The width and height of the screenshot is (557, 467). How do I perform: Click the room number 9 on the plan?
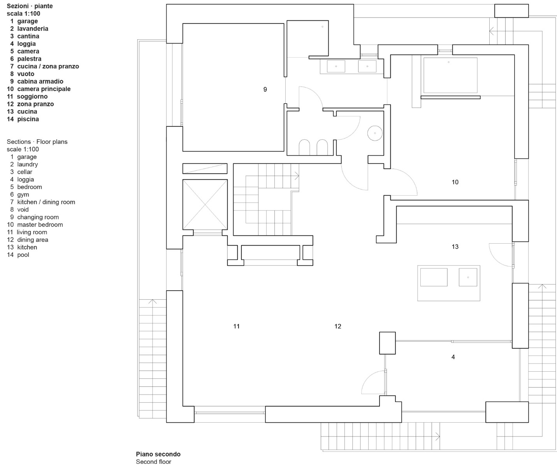265,90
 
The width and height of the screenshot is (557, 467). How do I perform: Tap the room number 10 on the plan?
455,182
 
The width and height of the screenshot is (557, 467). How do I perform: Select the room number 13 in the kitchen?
455,247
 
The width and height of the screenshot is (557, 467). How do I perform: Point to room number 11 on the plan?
236,327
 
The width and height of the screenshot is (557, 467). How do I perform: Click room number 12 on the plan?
337,327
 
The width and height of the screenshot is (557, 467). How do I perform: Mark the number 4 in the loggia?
453,357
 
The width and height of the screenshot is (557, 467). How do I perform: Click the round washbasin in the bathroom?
375,133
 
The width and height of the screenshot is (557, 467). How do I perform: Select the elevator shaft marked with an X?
205,204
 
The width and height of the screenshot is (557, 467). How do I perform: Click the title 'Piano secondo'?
158,454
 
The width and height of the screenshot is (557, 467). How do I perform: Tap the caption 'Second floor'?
153,462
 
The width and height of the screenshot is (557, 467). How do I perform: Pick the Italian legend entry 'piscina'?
28,119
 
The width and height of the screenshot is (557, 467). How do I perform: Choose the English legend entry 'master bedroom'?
40,225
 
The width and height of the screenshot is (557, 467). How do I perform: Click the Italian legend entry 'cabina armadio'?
40,81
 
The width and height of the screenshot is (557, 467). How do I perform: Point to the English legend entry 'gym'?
23,195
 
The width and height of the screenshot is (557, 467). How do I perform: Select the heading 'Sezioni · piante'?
30,6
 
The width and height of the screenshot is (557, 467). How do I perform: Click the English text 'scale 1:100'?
23,149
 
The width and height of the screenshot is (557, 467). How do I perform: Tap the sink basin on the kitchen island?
468,277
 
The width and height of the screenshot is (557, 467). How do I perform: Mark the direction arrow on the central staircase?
297,176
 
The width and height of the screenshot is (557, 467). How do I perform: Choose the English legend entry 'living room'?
32,232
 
